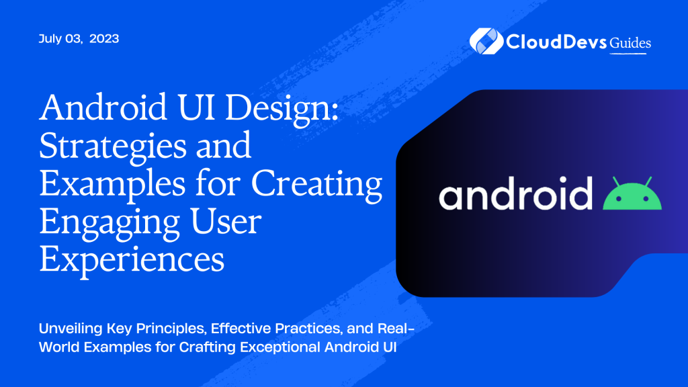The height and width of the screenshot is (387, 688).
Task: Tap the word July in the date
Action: pos(52,39)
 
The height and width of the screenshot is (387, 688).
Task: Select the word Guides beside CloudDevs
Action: pos(630,42)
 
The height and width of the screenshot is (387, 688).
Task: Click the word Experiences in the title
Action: pos(132,260)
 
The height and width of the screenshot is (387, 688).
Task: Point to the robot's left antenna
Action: pos(617,181)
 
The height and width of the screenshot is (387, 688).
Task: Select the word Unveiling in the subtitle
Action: pos(71,332)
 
